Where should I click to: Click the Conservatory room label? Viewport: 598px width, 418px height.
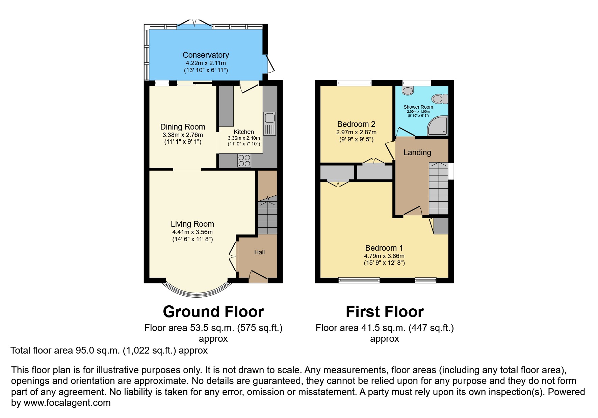pyautogui.click(x=206, y=55)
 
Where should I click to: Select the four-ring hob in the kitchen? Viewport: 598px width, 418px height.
pyautogui.click(x=244, y=160)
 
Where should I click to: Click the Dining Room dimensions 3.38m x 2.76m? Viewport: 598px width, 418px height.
pyautogui.click(x=182, y=135)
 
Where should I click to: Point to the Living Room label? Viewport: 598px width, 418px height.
pyautogui.click(x=192, y=224)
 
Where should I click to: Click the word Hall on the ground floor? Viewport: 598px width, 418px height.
pyautogui.click(x=259, y=252)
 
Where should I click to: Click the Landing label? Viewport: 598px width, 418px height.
pyautogui.click(x=417, y=152)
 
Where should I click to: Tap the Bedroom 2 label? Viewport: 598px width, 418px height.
pyautogui.click(x=356, y=124)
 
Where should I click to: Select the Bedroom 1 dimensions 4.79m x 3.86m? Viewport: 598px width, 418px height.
pyautogui.click(x=384, y=256)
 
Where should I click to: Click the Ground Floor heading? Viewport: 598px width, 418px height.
pyautogui.click(x=213, y=312)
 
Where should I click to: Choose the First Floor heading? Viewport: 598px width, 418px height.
pyautogui.click(x=385, y=312)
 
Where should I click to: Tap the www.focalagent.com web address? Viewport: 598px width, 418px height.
pyautogui.click(x=67, y=403)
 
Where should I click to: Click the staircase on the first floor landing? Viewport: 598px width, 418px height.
pyautogui.click(x=438, y=189)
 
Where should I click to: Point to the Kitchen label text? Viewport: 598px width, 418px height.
pyautogui.click(x=243, y=132)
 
